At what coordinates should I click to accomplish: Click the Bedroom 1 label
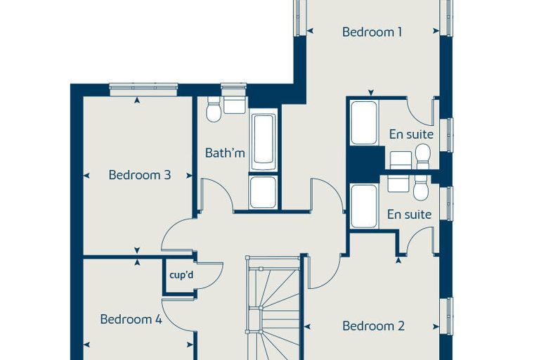(372, 32)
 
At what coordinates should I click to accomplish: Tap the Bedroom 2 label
(373, 326)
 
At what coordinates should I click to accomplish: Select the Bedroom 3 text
(140, 175)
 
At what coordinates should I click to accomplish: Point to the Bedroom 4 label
(131, 319)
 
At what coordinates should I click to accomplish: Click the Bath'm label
(225, 153)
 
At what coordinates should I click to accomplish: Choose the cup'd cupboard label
(181, 275)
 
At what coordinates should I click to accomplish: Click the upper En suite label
(412, 134)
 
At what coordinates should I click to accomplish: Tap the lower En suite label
(410, 214)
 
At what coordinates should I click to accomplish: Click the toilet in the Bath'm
(214, 109)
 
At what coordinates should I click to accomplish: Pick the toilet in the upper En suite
(423, 157)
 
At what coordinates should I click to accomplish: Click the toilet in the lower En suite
(421, 188)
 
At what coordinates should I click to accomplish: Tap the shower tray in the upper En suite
(364, 122)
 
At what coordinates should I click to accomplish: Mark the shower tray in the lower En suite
(364, 206)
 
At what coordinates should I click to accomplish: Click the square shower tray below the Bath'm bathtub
(263, 192)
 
